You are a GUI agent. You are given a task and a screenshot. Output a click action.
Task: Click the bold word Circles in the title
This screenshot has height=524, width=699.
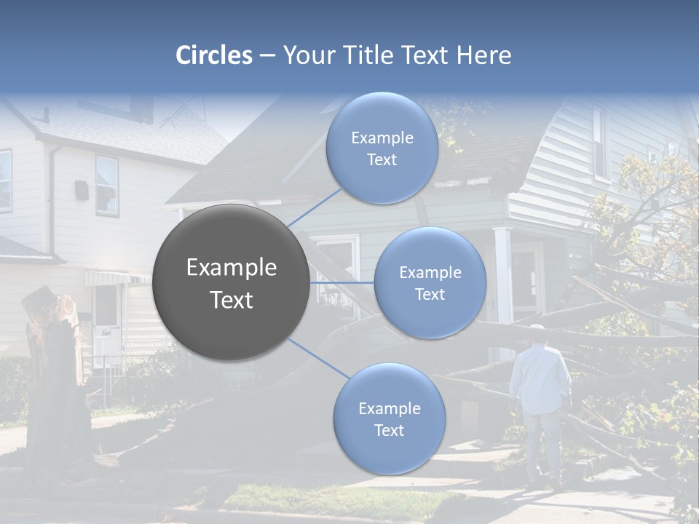[214, 55]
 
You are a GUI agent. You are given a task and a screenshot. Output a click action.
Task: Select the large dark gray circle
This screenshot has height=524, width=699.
[232, 283]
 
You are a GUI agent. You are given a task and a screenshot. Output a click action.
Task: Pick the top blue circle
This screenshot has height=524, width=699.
[382, 148]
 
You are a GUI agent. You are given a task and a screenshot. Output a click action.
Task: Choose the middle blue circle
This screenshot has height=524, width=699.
[430, 282]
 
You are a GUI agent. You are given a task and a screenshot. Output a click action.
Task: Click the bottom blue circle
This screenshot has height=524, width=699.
[389, 418]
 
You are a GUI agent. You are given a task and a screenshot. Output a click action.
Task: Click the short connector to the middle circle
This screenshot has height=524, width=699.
[342, 282]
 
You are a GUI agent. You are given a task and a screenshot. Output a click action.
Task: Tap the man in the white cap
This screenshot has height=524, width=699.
[540, 397]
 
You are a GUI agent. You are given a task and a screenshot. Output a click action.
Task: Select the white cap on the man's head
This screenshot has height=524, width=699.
[537, 329]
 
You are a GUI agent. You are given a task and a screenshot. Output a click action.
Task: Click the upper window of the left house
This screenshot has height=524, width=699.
[106, 185]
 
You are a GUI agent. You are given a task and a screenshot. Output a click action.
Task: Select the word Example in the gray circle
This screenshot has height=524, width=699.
[232, 268]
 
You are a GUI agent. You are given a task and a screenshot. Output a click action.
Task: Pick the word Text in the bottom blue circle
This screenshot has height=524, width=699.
[389, 430]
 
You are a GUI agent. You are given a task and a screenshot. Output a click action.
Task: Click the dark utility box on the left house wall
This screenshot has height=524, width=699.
[82, 190]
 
